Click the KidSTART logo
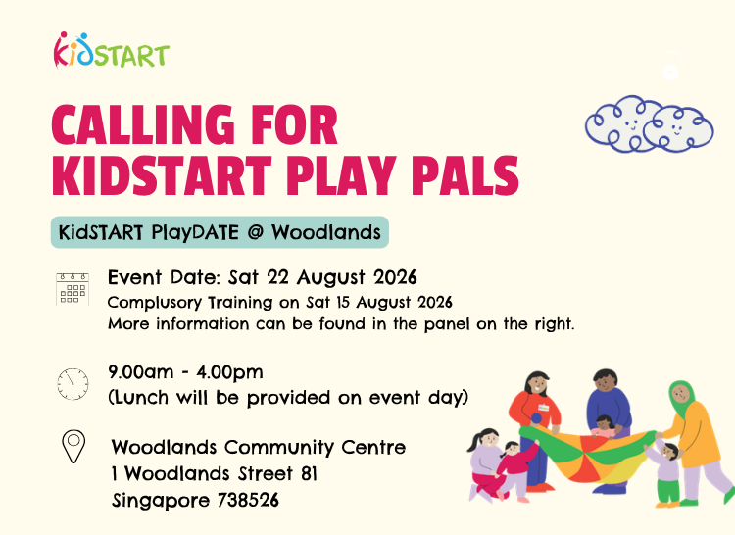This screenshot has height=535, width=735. click(x=112, y=50)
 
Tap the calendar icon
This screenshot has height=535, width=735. click(x=73, y=289)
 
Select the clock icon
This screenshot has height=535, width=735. click(x=73, y=384)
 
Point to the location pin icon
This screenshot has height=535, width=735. click(x=73, y=447)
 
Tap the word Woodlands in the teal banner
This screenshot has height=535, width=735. click(x=326, y=232)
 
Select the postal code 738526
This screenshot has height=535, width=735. click(x=249, y=501)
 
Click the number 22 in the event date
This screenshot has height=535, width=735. click(x=277, y=277)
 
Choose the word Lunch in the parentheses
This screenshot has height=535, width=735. click(x=141, y=398)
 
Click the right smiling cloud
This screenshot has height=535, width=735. click(x=679, y=129)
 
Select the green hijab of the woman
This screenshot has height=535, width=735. click(x=682, y=394)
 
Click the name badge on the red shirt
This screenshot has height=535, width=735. click(x=543, y=408)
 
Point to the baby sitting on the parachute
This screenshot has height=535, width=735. click(x=604, y=426)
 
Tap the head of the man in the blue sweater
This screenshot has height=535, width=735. click(x=606, y=381)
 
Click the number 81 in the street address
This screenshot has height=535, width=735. click(x=310, y=473)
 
